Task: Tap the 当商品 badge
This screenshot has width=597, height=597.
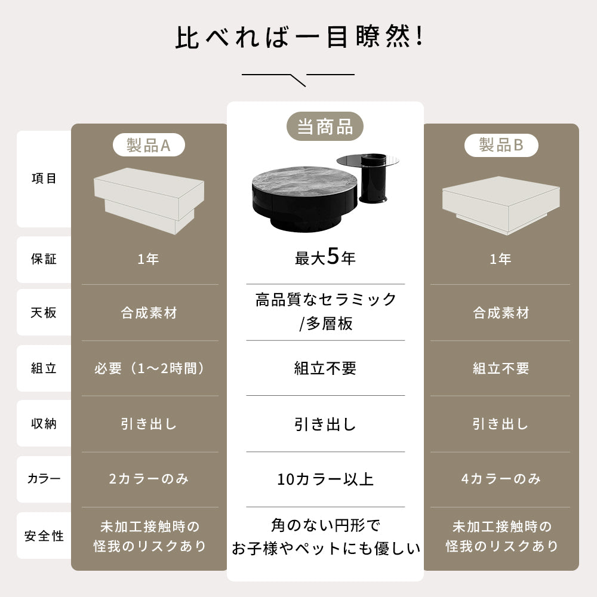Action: [325, 127]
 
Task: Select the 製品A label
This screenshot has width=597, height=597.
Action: [149, 145]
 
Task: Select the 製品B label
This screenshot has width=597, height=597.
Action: [501, 145]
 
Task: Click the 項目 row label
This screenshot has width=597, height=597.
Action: [44, 179]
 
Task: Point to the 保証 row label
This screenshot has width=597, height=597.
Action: [44, 259]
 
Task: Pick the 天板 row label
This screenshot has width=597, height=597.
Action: [44, 312]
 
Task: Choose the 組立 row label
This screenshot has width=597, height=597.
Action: [44, 368]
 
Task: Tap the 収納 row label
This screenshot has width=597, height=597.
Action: [44, 424]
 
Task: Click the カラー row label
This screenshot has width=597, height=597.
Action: [44, 479]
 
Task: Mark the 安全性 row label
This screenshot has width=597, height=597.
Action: [44, 536]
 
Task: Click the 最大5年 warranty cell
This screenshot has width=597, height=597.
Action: [325, 258]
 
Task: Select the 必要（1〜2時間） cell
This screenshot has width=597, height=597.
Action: [149, 368]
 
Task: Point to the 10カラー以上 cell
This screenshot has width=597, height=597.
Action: [325, 479]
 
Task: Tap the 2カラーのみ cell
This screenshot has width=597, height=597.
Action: [149, 479]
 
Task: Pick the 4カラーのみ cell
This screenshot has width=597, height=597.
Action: [501, 479]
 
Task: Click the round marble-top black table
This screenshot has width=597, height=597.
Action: [298, 191]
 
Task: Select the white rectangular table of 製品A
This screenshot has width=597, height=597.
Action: [149, 197]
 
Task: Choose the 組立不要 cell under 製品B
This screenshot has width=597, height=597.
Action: [501, 368]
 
